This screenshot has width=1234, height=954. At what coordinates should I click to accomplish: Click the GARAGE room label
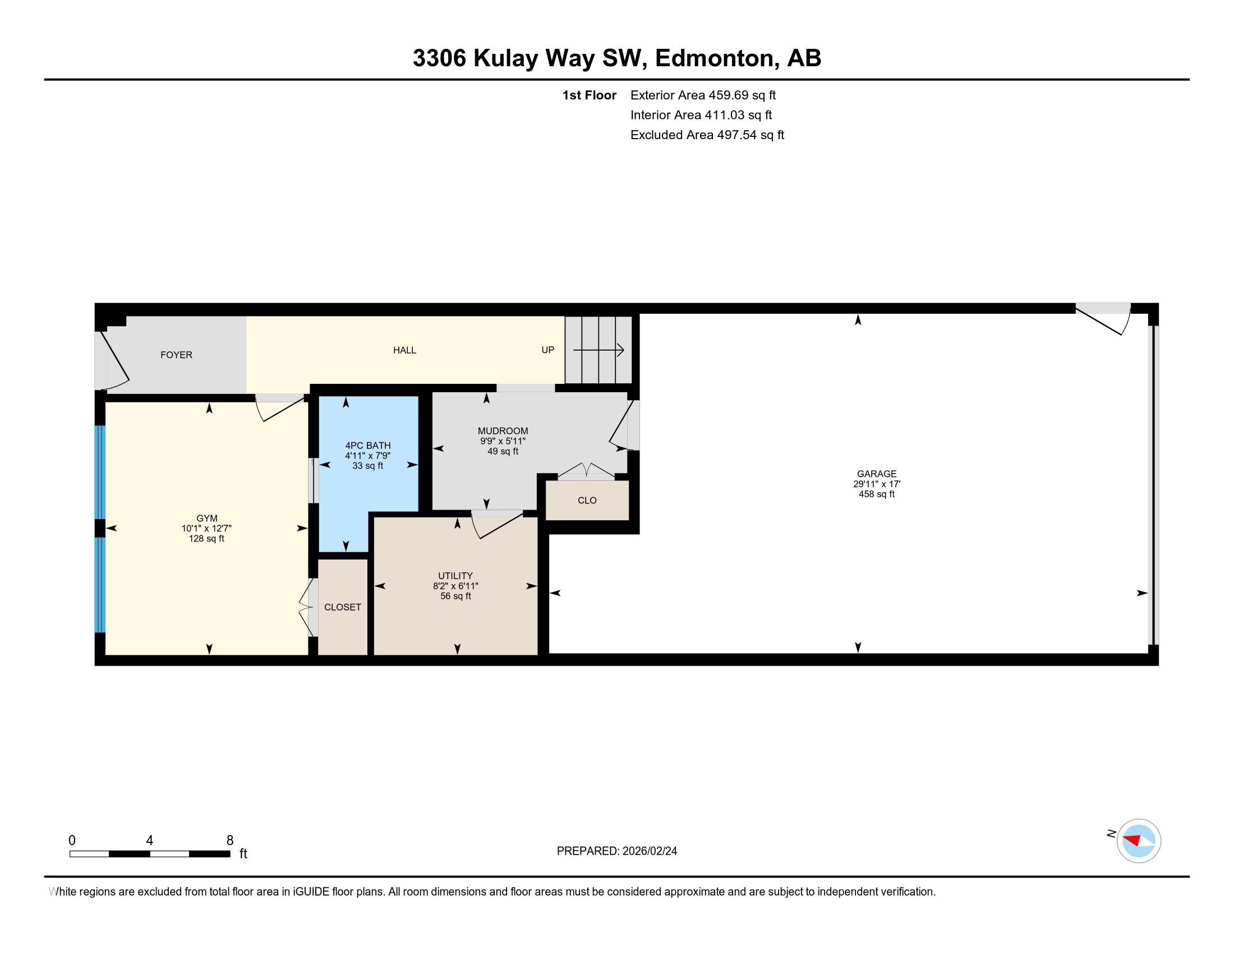click(x=876, y=474)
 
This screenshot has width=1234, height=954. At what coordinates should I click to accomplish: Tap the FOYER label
click(x=176, y=355)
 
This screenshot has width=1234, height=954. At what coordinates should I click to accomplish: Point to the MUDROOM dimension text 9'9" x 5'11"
click(x=503, y=442)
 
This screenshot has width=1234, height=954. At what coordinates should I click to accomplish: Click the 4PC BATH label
click(x=368, y=446)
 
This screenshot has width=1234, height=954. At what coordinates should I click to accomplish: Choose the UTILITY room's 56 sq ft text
click(x=455, y=596)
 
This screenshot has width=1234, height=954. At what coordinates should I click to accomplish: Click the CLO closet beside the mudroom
click(x=587, y=501)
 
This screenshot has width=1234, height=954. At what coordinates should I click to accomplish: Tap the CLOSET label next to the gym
click(x=342, y=607)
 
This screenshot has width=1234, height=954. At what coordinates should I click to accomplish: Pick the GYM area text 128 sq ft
click(x=206, y=539)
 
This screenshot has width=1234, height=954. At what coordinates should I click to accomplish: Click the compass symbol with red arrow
click(x=1138, y=841)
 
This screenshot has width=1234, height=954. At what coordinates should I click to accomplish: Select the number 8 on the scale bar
click(x=230, y=841)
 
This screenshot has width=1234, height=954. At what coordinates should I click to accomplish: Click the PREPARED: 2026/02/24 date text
click(x=616, y=851)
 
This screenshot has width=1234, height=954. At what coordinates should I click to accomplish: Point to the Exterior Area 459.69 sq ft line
click(x=703, y=95)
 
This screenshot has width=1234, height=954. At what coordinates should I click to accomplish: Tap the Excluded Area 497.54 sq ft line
click(x=707, y=135)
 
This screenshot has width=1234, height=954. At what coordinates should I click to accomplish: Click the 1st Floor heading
click(x=589, y=95)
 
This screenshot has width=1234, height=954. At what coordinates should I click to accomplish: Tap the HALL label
click(x=404, y=350)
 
